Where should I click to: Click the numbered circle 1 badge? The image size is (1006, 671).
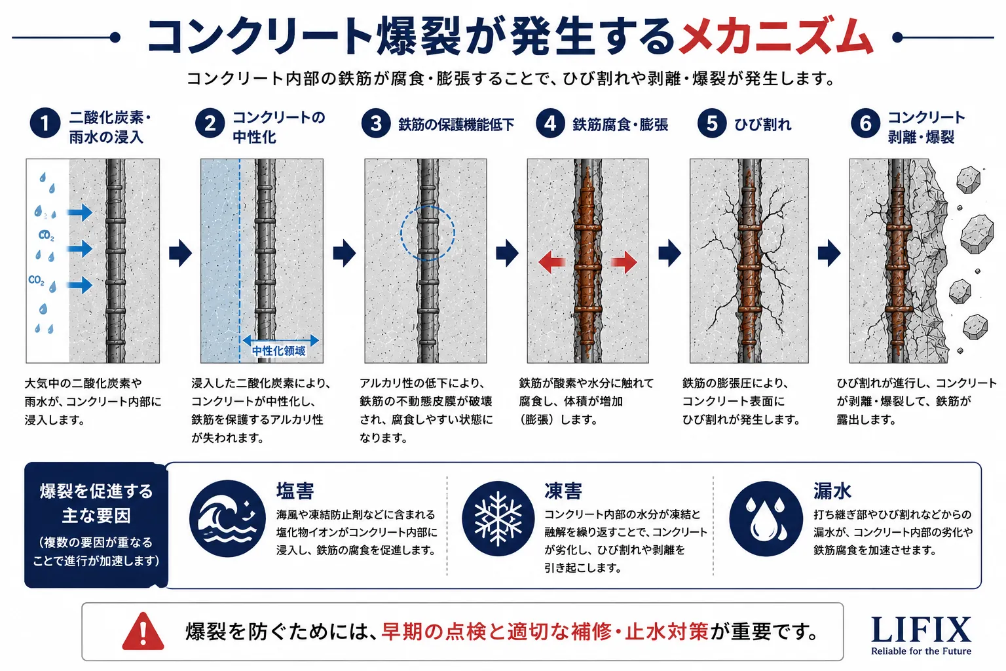coord(45,123)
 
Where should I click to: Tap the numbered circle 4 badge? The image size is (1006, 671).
coord(550,123)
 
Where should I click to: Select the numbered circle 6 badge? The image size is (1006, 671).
coord(865,123)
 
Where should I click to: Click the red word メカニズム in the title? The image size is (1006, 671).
coord(775,37)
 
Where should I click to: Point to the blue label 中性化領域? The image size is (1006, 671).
coord(278,351)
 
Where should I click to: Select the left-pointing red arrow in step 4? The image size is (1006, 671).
coord(551,261)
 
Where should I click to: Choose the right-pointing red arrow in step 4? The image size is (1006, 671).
coord(624,261)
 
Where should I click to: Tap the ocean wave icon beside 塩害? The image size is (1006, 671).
coord(227,518)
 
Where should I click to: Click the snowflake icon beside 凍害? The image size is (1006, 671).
coord(498,518)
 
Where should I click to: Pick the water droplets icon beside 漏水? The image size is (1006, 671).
coord(766,518)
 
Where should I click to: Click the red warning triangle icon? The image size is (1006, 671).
coord(143,632)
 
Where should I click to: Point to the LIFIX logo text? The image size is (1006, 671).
coord(921,630)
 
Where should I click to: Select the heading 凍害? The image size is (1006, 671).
coord(563,491)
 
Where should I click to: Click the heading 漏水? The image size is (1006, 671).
coord(832,491)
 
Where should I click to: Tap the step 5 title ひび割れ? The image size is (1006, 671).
coord(762,125)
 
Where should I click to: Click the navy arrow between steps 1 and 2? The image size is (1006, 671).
coord(180,254)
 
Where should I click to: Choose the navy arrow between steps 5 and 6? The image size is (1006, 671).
coord(829,254)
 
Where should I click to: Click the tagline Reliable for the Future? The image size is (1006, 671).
coord(921,651)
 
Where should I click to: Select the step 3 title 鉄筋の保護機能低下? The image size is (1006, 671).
coord(456,125)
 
